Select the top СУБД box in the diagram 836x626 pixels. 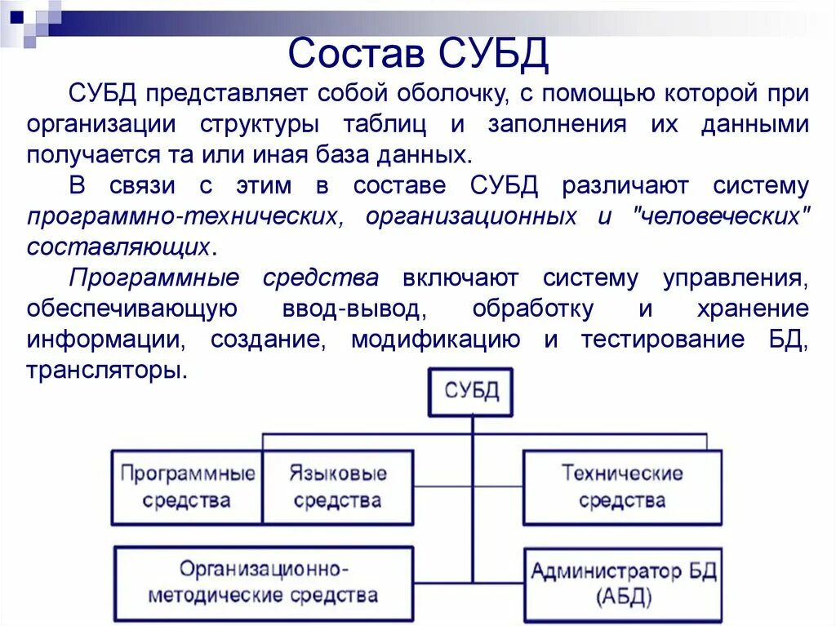pyautogui.click(x=472, y=391)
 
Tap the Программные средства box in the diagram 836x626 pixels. pyautogui.click(x=187, y=486)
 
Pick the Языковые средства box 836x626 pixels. pyautogui.click(x=338, y=486)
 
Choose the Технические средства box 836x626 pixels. pyautogui.click(x=622, y=486)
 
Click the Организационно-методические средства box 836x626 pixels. pyautogui.click(x=264, y=581)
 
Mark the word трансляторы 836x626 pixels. pyautogui.click(x=104, y=371)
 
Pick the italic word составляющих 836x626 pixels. pyautogui.click(x=120, y=247)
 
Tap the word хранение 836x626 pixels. pyautogui.click(x=753, y=309)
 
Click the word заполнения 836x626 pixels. pyautogui.click(x=558, y=124)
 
